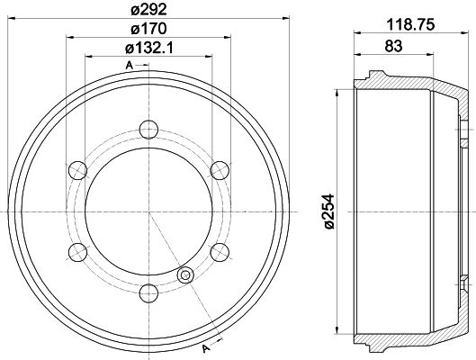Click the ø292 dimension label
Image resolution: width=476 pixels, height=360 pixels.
pos(148,10)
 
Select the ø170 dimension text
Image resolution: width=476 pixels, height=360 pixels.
pos(148,29)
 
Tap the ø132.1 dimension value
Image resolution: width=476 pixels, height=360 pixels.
pos(148,48)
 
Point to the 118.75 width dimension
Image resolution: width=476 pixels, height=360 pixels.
pos(410,24)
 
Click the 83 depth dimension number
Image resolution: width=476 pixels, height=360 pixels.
pos(393,46)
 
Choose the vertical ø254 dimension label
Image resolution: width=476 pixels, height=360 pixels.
pos(328,211)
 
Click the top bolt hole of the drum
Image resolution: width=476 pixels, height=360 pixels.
pos(148,130)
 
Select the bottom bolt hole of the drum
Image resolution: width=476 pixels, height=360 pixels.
pos(148,293)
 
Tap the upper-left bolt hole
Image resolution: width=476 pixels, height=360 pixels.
pos(78,170)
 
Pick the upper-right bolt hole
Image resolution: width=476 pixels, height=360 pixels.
pos(220,170)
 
